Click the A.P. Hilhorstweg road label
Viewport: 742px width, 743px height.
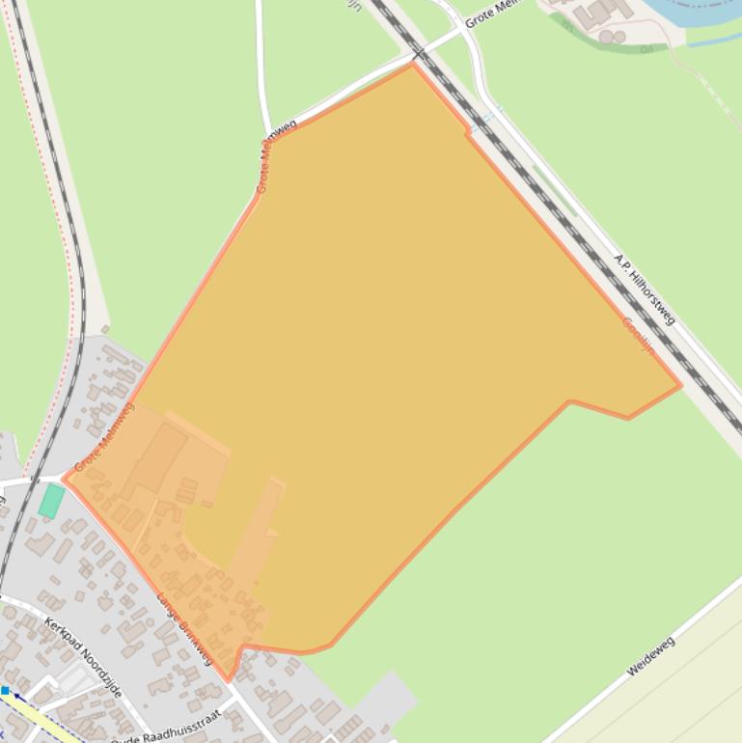tap(645, 289)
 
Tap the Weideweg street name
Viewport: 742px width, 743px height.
tap(650, 656)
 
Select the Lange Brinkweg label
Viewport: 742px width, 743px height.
tap(183, 628)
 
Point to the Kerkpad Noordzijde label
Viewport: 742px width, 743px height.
tap(83, 657)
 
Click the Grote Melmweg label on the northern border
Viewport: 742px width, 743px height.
tap(277, 154)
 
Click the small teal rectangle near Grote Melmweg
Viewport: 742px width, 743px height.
tap(51, 501)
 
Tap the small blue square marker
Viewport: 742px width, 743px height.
tap(5, 691)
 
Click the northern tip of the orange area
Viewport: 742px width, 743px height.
tap(413, 65)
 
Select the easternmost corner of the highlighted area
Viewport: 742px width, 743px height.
tap(680, 385)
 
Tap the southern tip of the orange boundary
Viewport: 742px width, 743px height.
tap(229, 679)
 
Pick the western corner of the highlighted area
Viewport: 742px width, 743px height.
tap(65, 477)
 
